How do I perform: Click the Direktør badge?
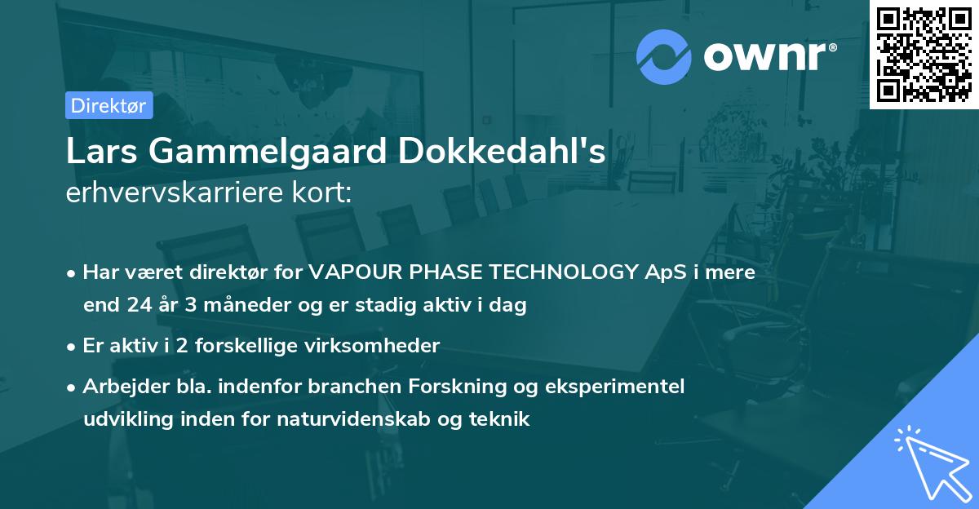pos(109,105)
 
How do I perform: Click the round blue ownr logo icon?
pos(664,56)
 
